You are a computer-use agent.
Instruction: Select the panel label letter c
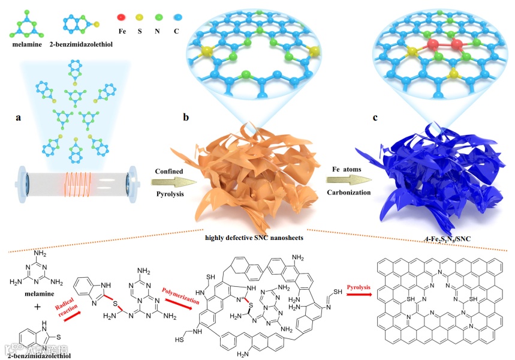click(x=375, y=118)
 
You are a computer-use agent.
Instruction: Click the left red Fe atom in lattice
click(x=432, y=45)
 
